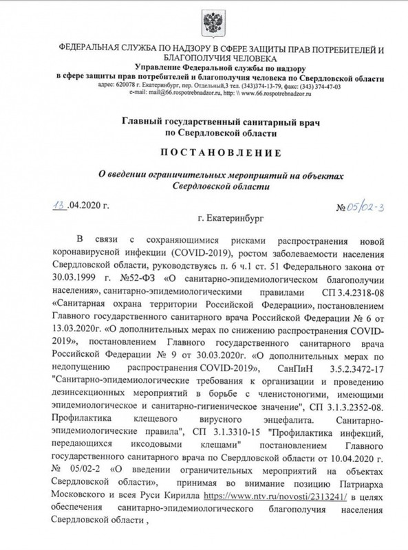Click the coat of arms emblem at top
204,27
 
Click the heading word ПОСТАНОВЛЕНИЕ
204,153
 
